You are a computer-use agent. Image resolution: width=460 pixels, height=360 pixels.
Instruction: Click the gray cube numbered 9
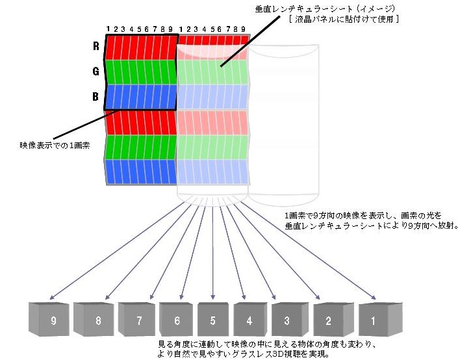click(51, 319)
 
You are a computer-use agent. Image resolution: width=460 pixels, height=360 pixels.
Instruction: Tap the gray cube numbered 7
click(138, 319)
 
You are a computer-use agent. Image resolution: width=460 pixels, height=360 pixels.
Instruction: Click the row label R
click(95, 47)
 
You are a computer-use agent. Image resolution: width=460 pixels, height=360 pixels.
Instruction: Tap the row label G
click(95, 72)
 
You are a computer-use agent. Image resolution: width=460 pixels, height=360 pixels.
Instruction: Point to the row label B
click(95, 97)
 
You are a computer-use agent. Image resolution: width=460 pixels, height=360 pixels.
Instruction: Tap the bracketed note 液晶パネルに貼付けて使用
click(344, 20)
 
